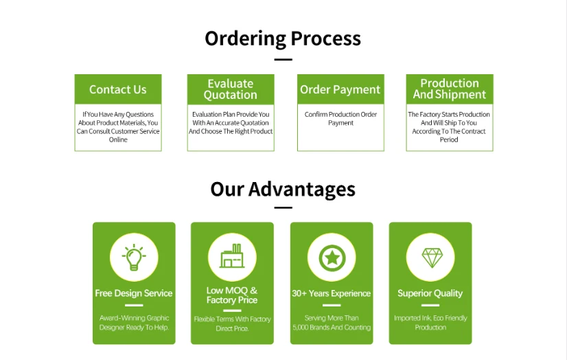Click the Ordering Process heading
[283, 38]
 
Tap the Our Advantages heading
[283, 189]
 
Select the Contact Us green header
[117, 89]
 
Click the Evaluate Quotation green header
[230, 89]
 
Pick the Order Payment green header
[340, 89]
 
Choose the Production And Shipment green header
[450, 89]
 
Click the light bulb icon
[134, 258]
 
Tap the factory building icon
[232, 258]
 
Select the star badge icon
[332, 258]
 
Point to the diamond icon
[430, 258]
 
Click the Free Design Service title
[134, 293]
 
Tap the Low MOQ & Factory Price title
[232, 295]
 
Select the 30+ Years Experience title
[332, 293]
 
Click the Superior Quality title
[430, 293]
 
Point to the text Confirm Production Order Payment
[340, 119]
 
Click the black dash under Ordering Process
[283, 60]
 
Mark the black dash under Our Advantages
[283, 207]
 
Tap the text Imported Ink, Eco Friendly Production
[430, 323]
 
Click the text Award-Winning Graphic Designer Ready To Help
[134, 323]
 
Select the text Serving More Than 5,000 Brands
[332, 323]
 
